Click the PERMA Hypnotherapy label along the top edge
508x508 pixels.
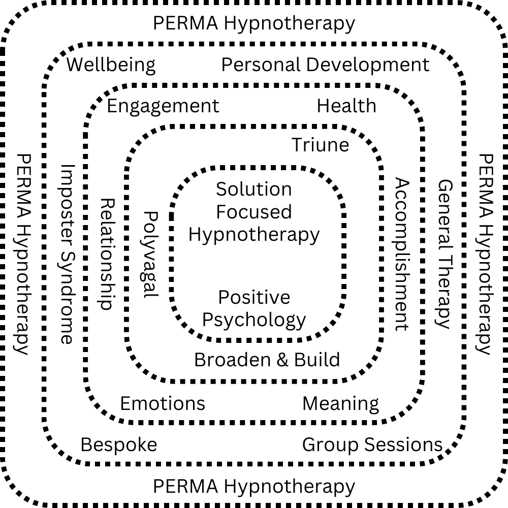254,23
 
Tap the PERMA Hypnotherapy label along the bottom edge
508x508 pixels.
254,486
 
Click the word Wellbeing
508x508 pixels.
111,65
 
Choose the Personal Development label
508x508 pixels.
326,65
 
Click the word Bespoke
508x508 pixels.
119,445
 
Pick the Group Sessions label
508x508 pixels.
372,445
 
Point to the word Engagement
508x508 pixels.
163,106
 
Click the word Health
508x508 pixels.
346,106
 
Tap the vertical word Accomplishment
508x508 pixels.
402,254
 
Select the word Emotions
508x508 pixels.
163,403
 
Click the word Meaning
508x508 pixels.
341,404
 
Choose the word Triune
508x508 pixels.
321,145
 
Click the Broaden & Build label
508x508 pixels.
267,360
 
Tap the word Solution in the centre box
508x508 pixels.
254,189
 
